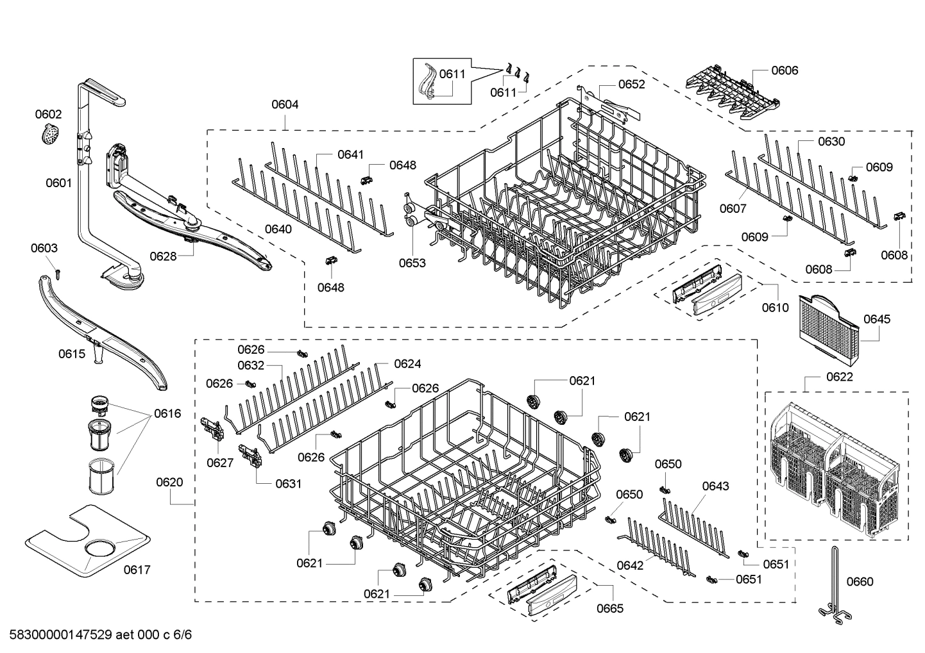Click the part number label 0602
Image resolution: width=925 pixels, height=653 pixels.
[48, 114]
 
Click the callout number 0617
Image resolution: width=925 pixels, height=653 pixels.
[137, 570]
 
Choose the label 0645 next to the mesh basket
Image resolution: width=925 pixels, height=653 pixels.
[876, 318]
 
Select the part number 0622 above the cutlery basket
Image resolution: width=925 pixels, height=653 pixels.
[840, 376]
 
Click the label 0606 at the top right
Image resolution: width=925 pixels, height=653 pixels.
[785, 70]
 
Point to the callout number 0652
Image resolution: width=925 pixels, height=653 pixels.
[631, 84]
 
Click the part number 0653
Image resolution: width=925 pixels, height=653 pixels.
[412, 263]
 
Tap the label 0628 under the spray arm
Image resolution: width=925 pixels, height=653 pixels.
[163, 256]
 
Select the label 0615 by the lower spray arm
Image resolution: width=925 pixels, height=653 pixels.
[72, 353]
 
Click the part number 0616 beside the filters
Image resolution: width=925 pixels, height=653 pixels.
[167, 413]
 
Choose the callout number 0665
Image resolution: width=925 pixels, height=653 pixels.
[609, 608]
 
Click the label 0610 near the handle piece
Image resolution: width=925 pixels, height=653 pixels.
[775, 308]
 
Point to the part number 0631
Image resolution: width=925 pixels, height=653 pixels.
[288, 484]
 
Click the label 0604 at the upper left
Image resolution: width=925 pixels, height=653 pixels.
[284, 104]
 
